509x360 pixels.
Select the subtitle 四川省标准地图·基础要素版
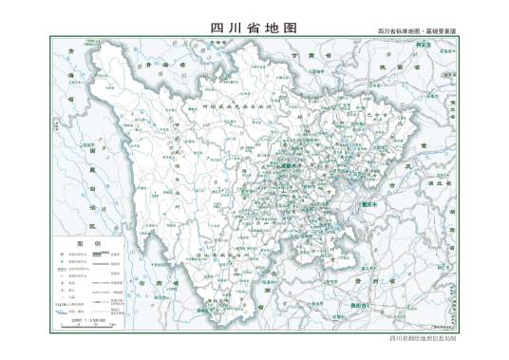417,31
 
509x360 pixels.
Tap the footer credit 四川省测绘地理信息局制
423,337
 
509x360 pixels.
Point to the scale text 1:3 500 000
92,320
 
